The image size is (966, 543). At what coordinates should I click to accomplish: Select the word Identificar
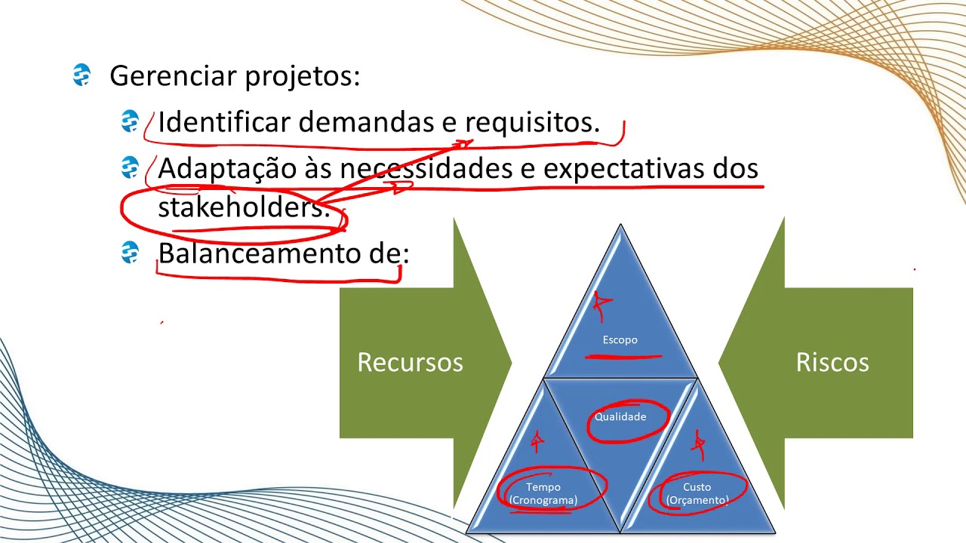pos(224,122)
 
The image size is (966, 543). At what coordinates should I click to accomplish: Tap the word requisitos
pos(532,122)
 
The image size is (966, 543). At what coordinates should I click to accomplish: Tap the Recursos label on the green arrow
pos(410,362)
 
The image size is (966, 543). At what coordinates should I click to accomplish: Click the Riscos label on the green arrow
pos(832,362)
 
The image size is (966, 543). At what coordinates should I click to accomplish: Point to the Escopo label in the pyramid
pos(620,340)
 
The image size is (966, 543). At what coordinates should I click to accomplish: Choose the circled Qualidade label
pos(620,416)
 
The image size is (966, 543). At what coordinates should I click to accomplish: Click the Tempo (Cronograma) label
pos(543,493)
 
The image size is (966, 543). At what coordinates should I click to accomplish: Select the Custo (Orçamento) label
pos(697,493)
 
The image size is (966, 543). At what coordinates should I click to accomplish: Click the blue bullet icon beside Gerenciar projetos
pos(82,75)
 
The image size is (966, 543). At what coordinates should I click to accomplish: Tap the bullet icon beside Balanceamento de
pos(130,253)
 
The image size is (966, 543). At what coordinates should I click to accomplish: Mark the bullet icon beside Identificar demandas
pos(130,121)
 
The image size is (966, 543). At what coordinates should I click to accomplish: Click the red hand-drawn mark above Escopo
pos(601,305)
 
